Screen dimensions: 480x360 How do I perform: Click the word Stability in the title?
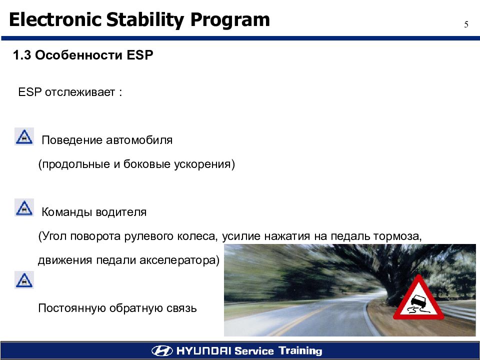[145, 20]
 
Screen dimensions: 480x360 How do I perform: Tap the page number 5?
[466, 24]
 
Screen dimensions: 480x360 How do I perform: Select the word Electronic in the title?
[55, 19]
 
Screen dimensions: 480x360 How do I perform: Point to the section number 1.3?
[21, 55]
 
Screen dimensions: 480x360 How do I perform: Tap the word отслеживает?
[80, 92]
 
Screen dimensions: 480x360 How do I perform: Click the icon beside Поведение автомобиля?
[24, 136]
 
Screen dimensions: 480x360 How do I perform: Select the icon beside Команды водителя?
[24, 207]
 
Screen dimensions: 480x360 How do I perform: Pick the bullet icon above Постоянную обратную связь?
[24, 280]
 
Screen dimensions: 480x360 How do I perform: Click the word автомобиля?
[139, 140]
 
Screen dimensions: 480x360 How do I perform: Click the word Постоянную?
[72, 308]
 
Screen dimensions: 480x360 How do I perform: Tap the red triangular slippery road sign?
[418, 298]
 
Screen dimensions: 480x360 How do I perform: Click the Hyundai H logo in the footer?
[162, 350]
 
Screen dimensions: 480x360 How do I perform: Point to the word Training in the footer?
[300, 351]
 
